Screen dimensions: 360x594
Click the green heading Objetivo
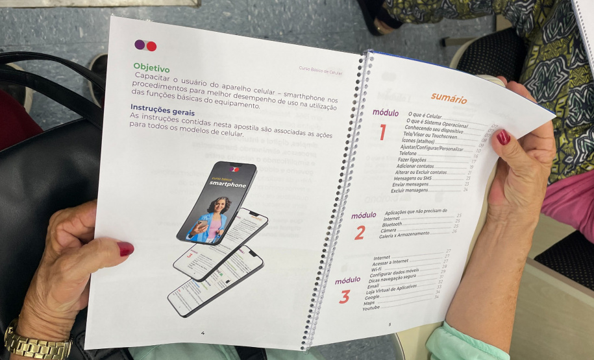pyautogui.click(x=151, y=67)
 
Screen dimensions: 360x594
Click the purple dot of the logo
pyautogui.click(x=140, y=45)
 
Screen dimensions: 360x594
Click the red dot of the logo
pyautogui.click(x=151, y=46)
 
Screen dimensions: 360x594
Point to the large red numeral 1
pyautogui.click(x=382, y=132)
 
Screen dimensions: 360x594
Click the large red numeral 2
pyautogui.click(x=359, y=232)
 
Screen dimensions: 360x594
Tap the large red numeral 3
pyautogui.click(x=344, y=297)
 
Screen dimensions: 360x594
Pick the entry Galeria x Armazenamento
pyautogui.click(x=404, y=235)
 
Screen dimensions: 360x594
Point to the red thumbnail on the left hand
pyautogui.click(x=125, y=248)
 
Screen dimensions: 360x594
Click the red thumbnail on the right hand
pyautogui.click(x=503, y=137)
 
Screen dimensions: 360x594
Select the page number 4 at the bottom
pyautogui.click(x=203, y=333)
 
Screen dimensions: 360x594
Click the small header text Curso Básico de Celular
pyautogui.click(x=320, y=70)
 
